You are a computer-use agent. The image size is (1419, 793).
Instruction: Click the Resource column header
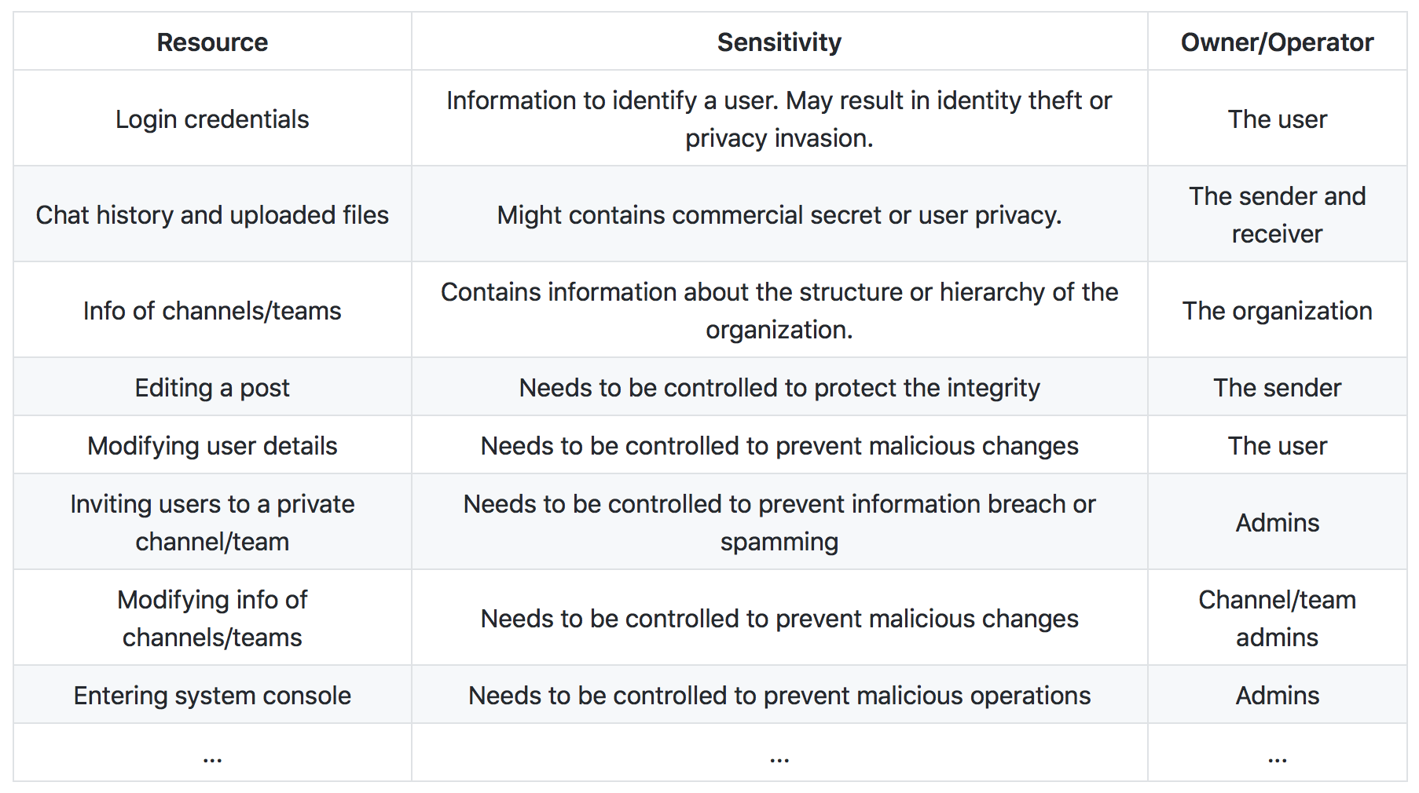click(212, 42)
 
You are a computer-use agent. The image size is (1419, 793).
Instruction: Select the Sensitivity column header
click(779, 42)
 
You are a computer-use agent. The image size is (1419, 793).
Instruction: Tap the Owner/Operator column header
click(1277, 42)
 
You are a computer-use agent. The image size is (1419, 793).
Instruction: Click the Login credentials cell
click(212, 119)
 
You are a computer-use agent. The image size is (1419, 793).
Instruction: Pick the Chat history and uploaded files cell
click(212, 215)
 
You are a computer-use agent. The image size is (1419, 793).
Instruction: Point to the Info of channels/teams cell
click(212, 311)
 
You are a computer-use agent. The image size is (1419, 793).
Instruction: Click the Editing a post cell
click(212, 388)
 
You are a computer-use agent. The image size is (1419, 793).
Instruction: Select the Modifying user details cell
click(212, 446)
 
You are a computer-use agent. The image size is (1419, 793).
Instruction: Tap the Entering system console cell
click(212, 696)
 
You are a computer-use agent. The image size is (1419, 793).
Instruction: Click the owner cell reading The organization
click(1277, 311)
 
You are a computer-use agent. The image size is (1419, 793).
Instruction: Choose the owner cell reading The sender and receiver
click(1277, 215)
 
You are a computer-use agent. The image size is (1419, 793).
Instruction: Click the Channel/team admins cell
click(1277, 619)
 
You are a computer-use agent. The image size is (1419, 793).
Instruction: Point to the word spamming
click(779, 543)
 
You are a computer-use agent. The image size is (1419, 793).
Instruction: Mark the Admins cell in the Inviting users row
click(1277, 523)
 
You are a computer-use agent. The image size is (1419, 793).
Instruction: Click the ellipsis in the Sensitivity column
click(779, 759)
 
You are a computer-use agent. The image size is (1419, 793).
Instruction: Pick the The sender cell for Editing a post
click(1277, 388)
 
